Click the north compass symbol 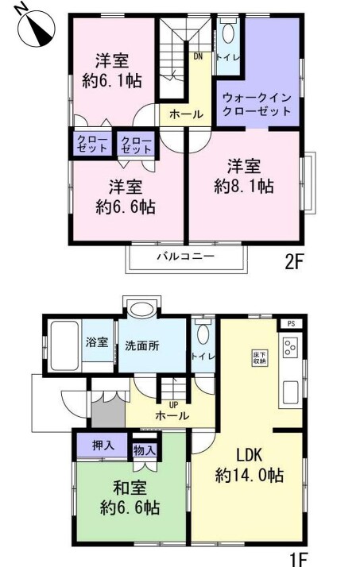(37, 28)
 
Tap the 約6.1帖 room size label (112, 81)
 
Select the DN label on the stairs (198, 56)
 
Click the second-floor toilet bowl (228, 33)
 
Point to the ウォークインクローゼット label (257, 104)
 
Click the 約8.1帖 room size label (244, 187)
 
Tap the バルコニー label (186, 256)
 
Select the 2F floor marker (293, 262)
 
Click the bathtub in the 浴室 (64, 345)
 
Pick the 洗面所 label (141, 345)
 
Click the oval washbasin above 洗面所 (141, 310)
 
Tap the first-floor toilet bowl (203, 334)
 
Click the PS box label (291, 324)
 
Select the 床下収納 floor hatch (260, 357)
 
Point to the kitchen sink (291, 393)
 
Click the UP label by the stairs (173, 405)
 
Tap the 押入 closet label (103, 445)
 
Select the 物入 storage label (145, 450)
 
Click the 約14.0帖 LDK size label (250, 475)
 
